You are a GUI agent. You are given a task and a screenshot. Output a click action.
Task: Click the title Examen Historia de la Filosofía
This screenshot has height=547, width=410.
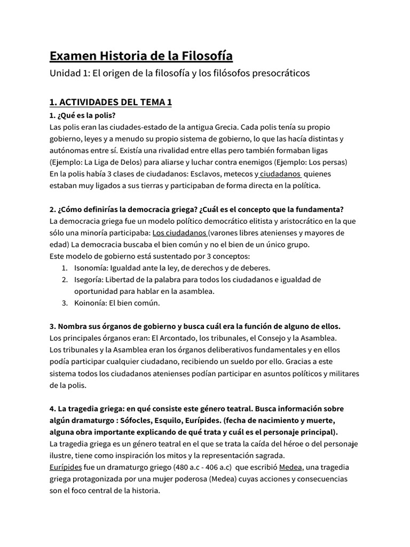(x=141, y=56)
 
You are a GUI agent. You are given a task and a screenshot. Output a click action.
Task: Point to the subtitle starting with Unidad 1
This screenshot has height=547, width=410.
(x=179, y=73)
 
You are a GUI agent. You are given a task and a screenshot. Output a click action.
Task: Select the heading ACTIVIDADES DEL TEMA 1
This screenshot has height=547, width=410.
(x=111, y=102)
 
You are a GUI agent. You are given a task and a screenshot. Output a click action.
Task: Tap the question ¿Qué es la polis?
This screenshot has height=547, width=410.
(x=82, y=115)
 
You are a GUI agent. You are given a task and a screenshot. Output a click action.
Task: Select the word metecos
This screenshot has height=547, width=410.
(x=233, y=174)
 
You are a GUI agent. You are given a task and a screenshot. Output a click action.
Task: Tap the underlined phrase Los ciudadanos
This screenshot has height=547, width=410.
(x=179, y=233)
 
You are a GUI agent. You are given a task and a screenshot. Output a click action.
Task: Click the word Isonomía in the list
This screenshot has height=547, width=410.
(x=90, y=268)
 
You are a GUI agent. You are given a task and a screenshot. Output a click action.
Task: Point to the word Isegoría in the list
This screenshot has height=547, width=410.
(x=88, y=279)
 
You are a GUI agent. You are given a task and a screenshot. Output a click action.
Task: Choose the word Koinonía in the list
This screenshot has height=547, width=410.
(x=90, y=303)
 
